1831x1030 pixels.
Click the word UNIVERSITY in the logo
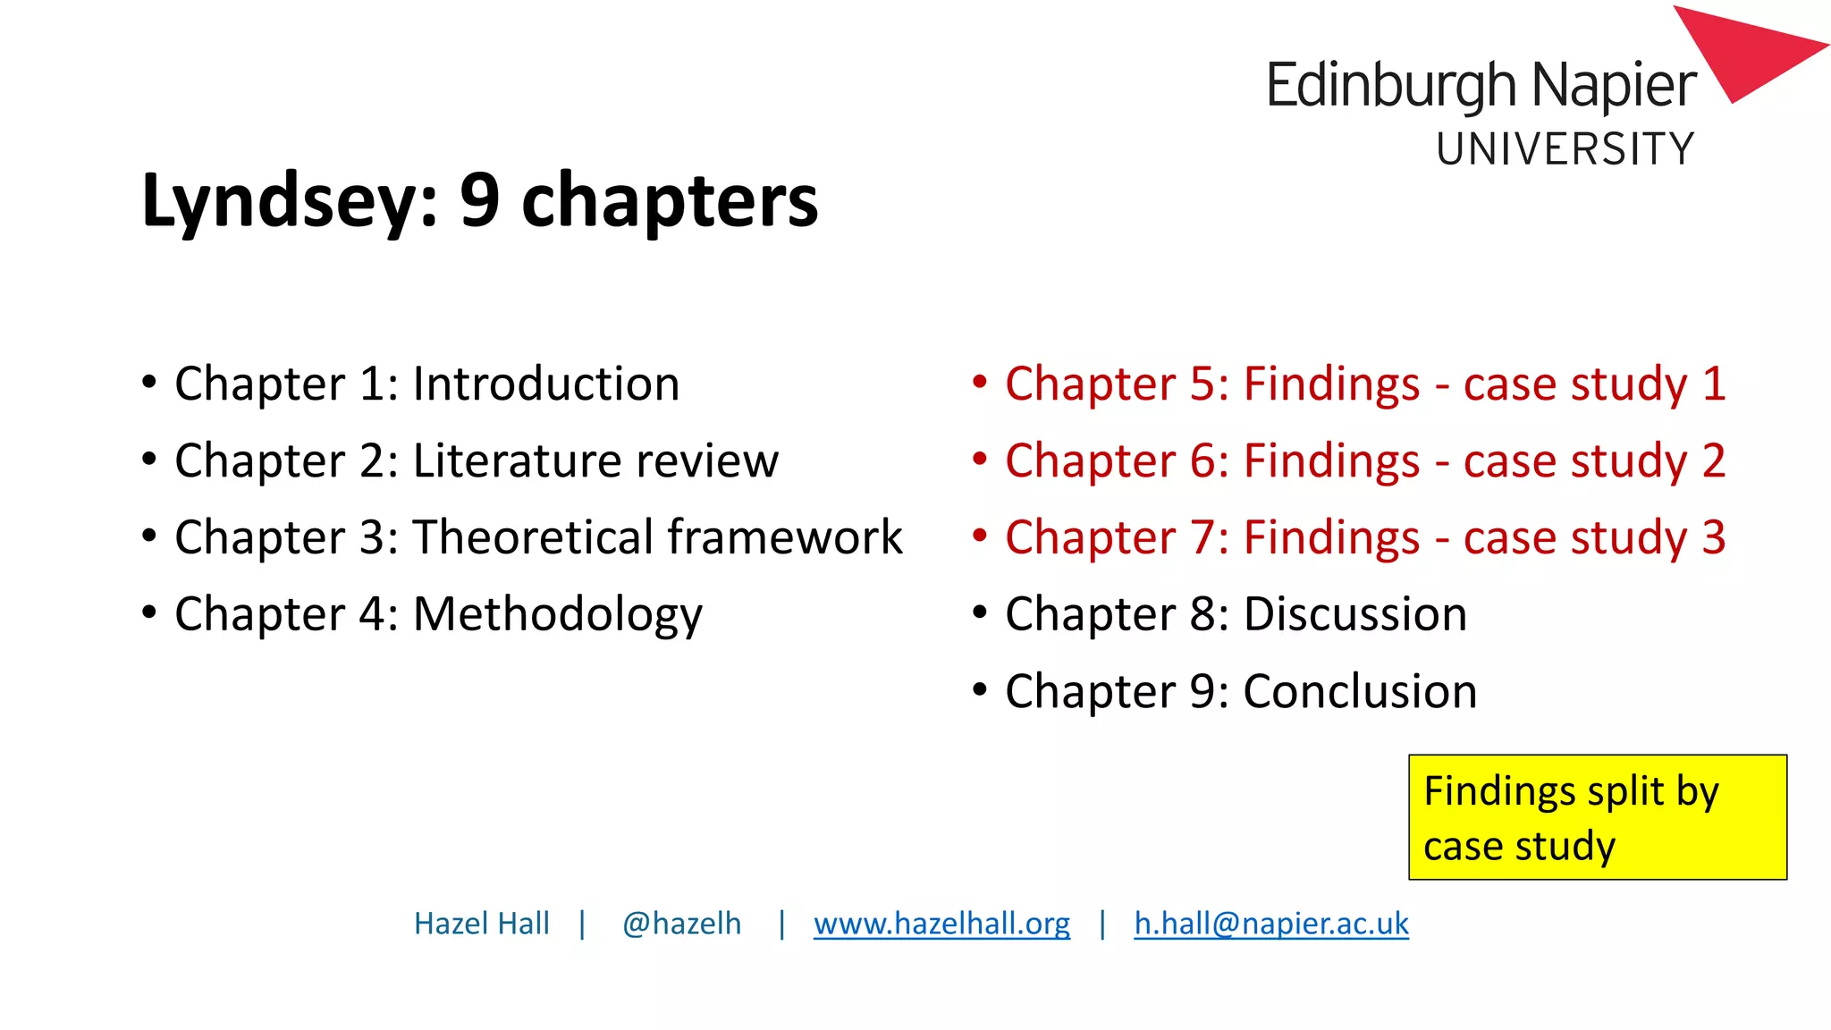1565,149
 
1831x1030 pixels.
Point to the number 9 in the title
479,200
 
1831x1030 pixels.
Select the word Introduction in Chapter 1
545,384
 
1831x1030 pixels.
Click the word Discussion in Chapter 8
1355,615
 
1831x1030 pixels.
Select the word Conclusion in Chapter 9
1360,692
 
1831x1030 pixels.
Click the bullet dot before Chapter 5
980,383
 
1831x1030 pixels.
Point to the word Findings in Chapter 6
1331,461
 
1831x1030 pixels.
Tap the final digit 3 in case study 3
1713,538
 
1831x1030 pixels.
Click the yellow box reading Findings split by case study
1597,817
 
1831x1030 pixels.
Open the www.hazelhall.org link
941,924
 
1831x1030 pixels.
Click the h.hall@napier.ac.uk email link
1270,924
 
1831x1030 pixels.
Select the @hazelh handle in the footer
681,924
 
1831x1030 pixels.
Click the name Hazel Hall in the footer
481,924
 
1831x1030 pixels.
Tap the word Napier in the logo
1614,87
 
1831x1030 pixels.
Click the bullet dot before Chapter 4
149,613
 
